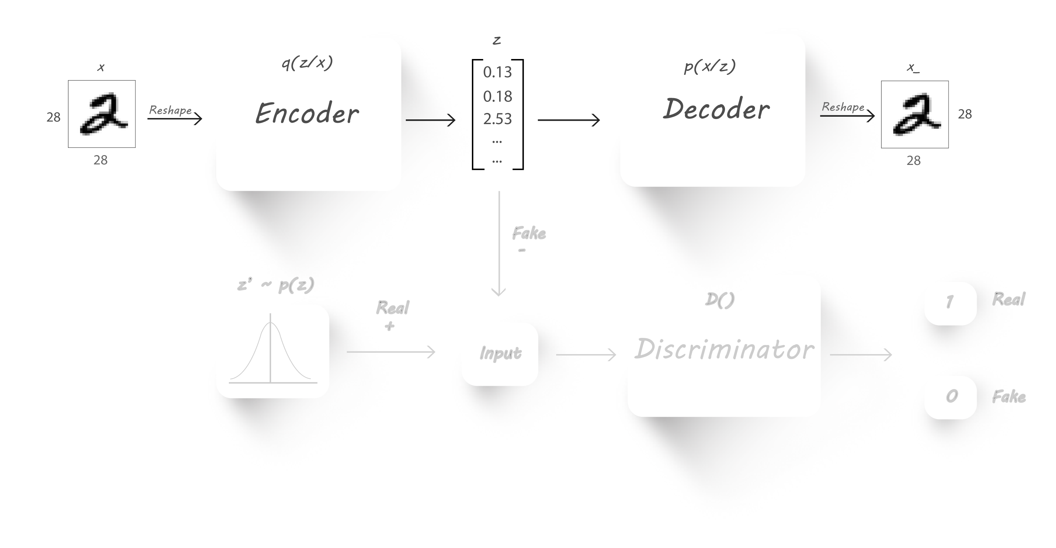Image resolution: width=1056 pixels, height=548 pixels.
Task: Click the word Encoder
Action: (x=307, y=114)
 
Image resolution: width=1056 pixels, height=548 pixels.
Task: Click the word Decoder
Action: (x=716, y=110)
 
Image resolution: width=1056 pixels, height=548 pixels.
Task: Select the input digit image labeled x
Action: (x=102, y=114)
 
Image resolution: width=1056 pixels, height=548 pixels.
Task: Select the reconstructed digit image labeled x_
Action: (x=914, y=114)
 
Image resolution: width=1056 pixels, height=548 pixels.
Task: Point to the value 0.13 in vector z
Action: (x=497, y=73)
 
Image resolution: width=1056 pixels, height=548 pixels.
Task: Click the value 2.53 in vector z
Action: (x=497, y=119)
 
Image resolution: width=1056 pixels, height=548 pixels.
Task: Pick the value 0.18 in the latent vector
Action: (x=497, y=96)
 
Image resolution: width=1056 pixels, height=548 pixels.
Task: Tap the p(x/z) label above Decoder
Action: (x=710, y=66)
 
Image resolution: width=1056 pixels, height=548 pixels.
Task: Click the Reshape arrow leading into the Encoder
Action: (x=175, y=119)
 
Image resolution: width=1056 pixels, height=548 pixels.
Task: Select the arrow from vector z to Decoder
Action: (x=569, y=120)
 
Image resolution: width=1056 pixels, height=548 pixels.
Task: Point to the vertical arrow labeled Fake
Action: (x=499, y=244)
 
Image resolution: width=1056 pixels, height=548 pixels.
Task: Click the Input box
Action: (x=500, y=353)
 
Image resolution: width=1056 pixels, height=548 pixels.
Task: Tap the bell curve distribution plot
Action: (x=273, y=351)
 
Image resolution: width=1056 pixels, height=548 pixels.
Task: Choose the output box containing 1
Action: (x=950, y=303)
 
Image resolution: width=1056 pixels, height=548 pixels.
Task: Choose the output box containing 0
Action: (x=950, y=397)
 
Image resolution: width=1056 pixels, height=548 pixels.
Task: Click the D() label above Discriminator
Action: (x=719, y=300)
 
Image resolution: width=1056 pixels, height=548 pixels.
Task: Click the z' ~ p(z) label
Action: (x=275, y=285)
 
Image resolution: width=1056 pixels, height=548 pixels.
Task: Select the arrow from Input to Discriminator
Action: (x=586, y=354)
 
